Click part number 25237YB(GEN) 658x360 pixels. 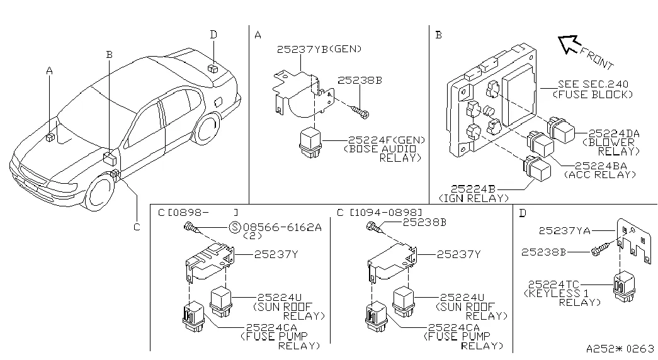click(x=320, y=49)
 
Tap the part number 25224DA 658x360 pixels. click(x=614, y=133)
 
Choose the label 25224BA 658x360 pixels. click(x=597, y=166)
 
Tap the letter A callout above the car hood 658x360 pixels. click(x=49, y=72)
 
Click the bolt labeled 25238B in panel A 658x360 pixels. click(x=360, y=113)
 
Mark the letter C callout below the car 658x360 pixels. click(x=136, y=227)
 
